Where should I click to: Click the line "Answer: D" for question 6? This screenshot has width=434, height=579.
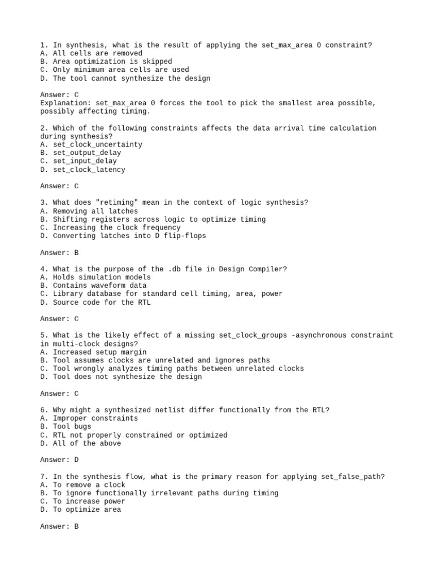click(59, 460)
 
